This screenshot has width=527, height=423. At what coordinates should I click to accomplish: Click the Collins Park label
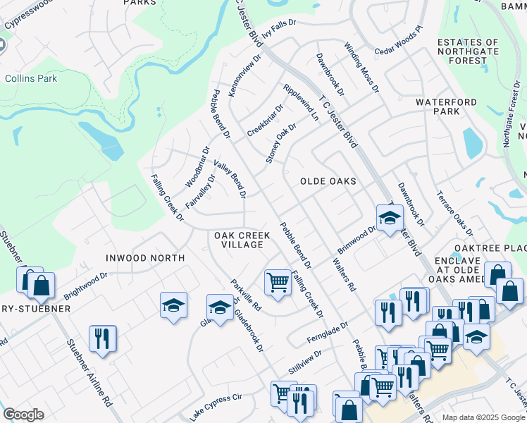point(31,78)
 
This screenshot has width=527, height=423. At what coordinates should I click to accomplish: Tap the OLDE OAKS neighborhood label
point(328,181)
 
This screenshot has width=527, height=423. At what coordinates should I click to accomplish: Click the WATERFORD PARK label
point(447,106)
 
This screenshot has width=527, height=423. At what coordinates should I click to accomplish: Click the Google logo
point(23,415)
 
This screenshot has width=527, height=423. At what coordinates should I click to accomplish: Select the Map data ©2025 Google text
point(483,417)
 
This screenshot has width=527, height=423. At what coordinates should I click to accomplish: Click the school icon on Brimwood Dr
point(389,217)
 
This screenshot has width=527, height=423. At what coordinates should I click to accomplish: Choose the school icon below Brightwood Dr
point(173,305)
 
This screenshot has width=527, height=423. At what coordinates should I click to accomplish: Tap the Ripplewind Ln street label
point(300,103)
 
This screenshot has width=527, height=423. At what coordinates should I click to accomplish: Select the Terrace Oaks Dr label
point(454,212)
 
